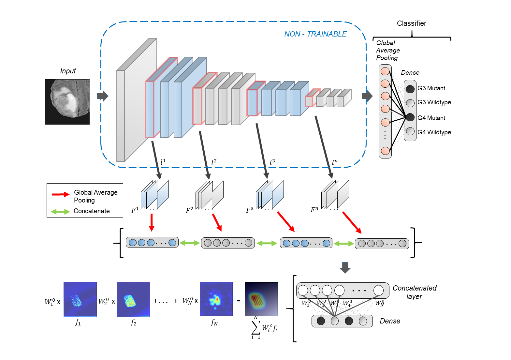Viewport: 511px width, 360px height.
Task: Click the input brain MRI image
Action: [x=67, y=102]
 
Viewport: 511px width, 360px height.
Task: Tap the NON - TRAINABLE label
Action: [x=315, y=34]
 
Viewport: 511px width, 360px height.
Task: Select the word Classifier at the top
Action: [x=411, y=23]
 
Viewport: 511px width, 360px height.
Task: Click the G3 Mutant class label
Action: [x=431, y=88]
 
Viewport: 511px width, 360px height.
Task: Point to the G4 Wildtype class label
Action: [x=434, y=132]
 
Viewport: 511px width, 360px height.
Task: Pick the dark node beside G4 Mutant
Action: [x=410, y=117]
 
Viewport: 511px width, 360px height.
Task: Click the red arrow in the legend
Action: [x=61, y=194]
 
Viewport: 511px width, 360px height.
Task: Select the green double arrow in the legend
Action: [x=60, y=212]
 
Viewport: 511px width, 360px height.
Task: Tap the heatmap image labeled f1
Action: [x=80, y=299]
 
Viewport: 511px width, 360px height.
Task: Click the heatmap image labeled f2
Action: [x=133, y=299]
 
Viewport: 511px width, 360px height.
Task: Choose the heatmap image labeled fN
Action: [x=216, y=299]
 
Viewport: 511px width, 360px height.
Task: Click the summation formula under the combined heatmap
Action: [x=264, y=328]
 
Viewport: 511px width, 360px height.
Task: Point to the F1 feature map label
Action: [x=135, y=210]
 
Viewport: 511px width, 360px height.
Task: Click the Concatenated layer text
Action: [x=414, y=292]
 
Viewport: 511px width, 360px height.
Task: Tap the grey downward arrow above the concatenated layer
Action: [x=345, y=267]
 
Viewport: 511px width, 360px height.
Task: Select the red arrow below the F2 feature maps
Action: [x=217, y=223]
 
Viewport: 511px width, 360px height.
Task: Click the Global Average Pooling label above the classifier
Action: [x=387, y=51]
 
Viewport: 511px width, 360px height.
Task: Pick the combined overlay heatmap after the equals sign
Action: [x=261, y=299]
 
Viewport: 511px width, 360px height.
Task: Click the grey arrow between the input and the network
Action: [x=103, y=96]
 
